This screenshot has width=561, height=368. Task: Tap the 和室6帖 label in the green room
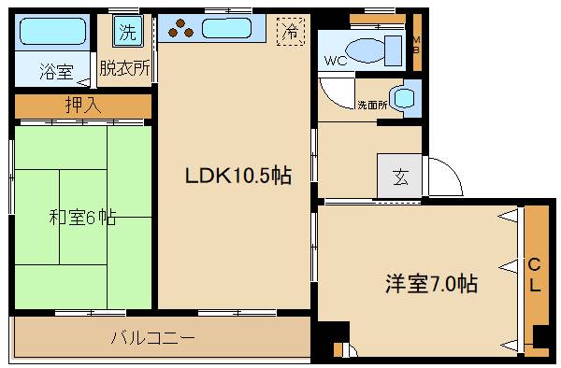[x=82, y=219]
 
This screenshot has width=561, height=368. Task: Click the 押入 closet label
[x=83, y=106]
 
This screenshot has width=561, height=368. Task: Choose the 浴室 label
[x=55, y=71]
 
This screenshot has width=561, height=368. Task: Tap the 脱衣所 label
[x=125, y=68]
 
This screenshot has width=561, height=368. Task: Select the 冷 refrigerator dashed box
[x=293, y=32]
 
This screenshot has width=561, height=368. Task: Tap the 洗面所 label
[x=371, y=105]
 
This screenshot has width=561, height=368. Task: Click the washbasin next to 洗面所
[x=404, y=97]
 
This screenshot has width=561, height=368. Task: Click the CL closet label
[x=535, y=275]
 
